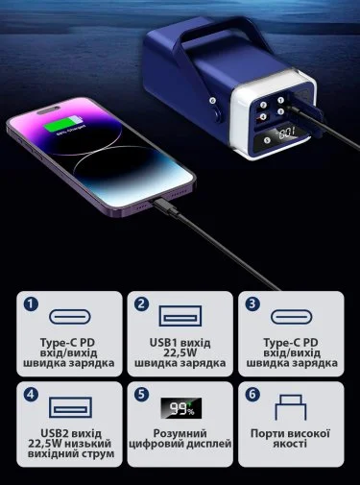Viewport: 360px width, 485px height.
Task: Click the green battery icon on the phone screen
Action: pyautogui.click(x=63, y=124)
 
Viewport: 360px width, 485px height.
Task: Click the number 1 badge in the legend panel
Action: pyautogui.click(x=31, y=304)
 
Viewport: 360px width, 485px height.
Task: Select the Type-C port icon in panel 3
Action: pyautogui.click(x=292, y=317)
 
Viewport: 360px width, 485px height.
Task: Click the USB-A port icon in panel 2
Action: pyautogui.click(x=180, y=316)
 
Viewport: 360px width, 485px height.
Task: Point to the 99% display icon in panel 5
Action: pyautogui.click(x=181, y=408)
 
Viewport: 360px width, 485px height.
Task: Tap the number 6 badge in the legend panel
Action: pyautogui.click(x=252, y=395)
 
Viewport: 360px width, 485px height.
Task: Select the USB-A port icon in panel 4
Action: pyautogui.click(x=70, y=407)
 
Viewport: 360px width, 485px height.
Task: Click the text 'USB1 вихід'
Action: pyautogui.click(x=180, y=343)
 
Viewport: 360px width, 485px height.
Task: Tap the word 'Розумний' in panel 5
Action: pyautogui.click(x=180, y=433)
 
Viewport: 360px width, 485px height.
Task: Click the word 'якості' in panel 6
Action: pyautogui.click(x=290, y=444)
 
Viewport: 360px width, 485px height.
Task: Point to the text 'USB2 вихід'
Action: pyautogui.click(x=71, y=433)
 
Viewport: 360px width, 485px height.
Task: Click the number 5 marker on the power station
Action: pyautogui.click(x=267, y=140)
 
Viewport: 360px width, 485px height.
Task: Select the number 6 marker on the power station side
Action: pyautogui.click(x=212, y=101)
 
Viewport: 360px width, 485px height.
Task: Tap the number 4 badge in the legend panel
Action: pyautogui.click(x=31, y=395)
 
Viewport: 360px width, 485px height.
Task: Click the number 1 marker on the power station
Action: pyautogui.click(x=280, y=101)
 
